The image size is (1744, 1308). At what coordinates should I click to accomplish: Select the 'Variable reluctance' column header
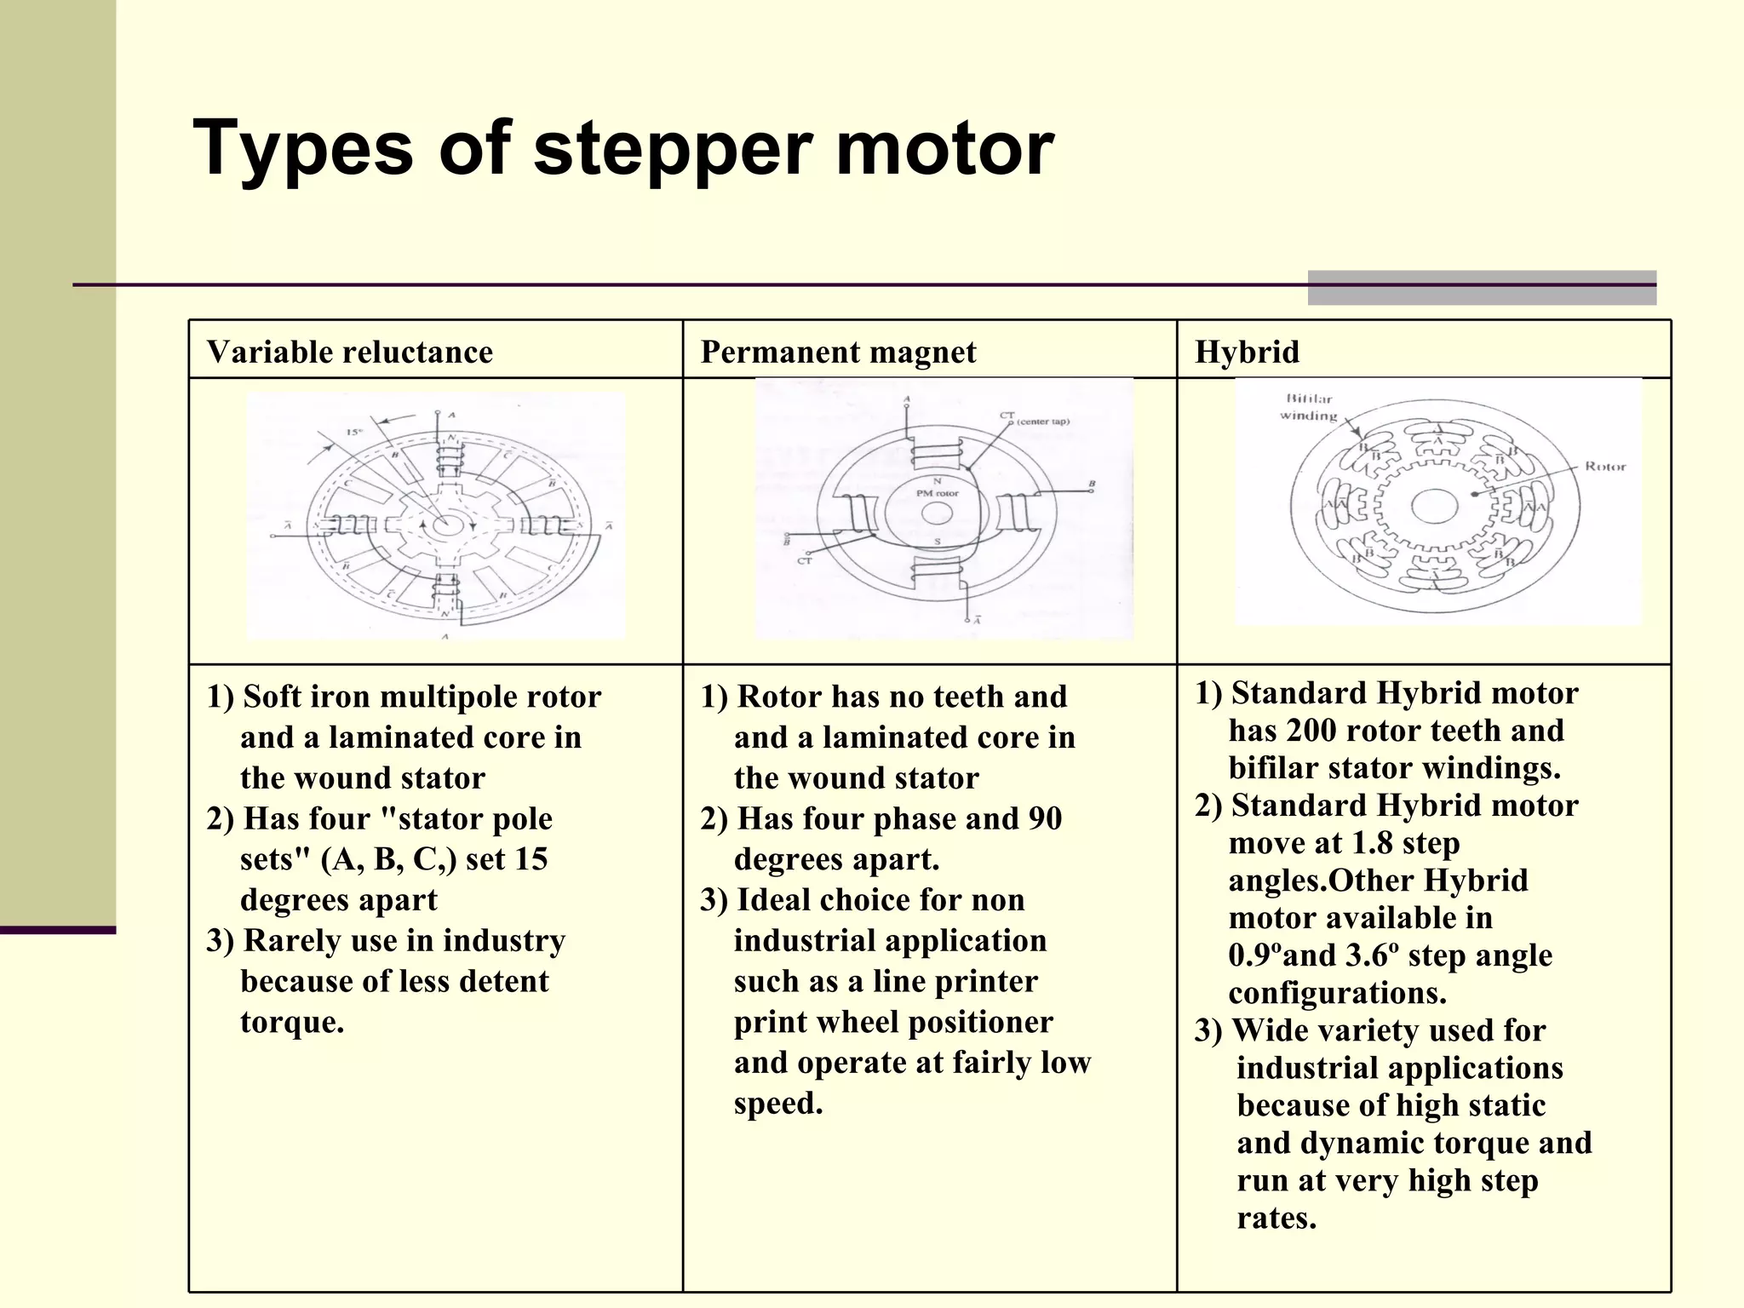pos(349,352)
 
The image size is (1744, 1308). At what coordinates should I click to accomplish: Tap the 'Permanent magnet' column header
pos(838,352)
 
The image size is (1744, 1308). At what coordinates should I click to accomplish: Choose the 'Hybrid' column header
pos(1247,352)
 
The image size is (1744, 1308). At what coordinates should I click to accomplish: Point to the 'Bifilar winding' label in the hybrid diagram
pos(1309,407)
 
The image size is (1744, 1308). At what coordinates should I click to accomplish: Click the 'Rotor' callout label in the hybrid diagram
pos(1604,467)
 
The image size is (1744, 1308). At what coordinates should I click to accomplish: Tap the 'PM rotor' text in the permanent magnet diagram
pos(937,493)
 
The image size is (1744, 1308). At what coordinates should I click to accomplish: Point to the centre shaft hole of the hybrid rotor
pos(1434,506)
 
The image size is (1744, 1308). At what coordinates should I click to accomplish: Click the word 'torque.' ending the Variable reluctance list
pos(292,1022)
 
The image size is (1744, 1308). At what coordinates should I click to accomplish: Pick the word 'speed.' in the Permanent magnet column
pos(778,1104)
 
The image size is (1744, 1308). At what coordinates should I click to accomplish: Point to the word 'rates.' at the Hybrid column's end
pos(1276,1218)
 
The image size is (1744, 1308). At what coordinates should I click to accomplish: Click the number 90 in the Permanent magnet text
pos(1045,819)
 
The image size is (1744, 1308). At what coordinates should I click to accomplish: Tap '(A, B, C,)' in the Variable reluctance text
pos(388,859)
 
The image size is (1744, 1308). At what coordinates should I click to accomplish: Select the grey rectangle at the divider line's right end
pos(1482,288)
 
